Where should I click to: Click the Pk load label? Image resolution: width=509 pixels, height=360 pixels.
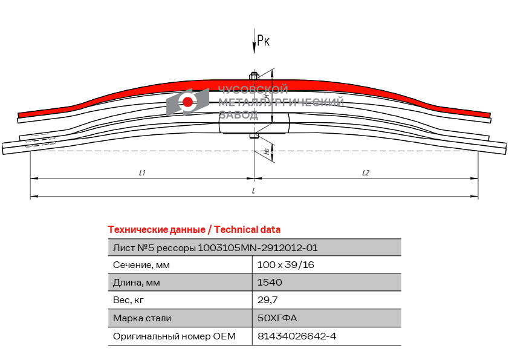[263, 41]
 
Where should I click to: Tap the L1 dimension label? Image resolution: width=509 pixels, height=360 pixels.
[142, 172]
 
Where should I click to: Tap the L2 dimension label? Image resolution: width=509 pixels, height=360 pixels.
[366, 172]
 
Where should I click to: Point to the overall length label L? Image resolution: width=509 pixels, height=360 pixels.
[253, 191]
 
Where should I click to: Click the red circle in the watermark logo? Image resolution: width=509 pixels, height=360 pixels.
[187, 102]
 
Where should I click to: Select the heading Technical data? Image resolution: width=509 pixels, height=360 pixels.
[247, 230]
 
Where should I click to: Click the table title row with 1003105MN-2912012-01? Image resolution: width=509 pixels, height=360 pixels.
[254, 247]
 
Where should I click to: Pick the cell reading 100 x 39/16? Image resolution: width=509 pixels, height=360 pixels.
[286, 265]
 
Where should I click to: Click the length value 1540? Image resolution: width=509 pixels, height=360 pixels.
[270, 283]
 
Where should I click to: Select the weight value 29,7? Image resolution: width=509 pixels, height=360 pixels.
[267, 300]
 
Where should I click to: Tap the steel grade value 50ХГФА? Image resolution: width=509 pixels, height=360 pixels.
[277, 318]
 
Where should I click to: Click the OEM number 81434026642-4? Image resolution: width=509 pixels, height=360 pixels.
[297, 336]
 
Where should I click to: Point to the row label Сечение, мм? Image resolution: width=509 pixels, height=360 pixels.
[141, 265]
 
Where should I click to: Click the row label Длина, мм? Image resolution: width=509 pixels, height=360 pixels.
[137, 283]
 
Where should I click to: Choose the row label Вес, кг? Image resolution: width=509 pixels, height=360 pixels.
[128, 300]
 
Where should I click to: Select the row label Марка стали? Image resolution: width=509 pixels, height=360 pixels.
[142, 318]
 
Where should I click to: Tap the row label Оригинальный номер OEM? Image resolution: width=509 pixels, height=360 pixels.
[174, 336]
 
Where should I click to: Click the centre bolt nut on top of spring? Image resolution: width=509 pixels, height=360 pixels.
[254, 76]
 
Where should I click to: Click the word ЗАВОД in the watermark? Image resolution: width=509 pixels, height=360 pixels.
[238, 115]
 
